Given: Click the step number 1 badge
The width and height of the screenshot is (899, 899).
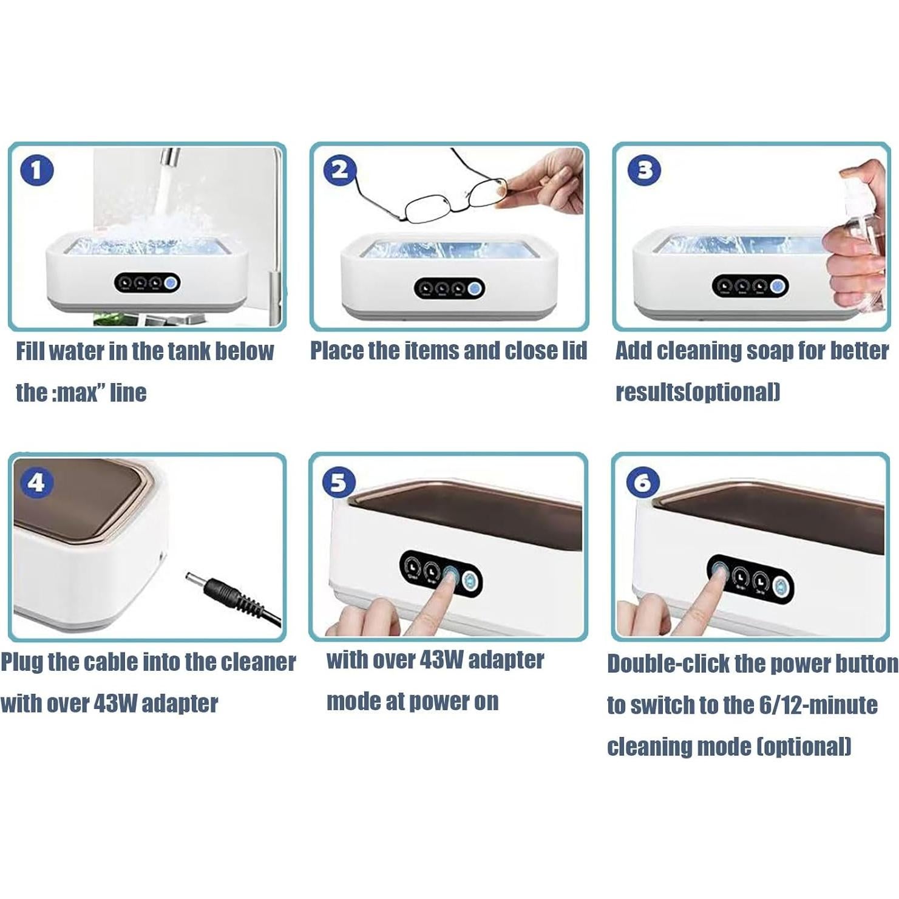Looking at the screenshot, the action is [37, 171].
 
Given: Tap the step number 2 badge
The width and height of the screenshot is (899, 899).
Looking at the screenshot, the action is [340, 171].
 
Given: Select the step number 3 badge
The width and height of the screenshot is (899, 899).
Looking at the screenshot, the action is [644, 171].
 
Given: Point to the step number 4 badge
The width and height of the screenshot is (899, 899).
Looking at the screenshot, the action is [36, 483].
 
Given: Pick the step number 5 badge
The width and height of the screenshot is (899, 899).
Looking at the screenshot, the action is [339, 483].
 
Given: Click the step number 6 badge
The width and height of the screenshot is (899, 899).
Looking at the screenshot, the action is [642, 483].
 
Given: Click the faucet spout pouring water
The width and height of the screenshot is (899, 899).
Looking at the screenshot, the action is [170, 157].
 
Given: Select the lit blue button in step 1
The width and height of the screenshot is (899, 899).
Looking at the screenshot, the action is [171, 283].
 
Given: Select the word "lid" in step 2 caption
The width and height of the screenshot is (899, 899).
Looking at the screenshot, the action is [574, 351].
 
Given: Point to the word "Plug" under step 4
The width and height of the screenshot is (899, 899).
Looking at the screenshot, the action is [22, 662].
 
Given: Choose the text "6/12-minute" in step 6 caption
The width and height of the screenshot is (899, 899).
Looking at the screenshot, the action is [818, 705].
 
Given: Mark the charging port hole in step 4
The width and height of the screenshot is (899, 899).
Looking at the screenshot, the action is [161, 555].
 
